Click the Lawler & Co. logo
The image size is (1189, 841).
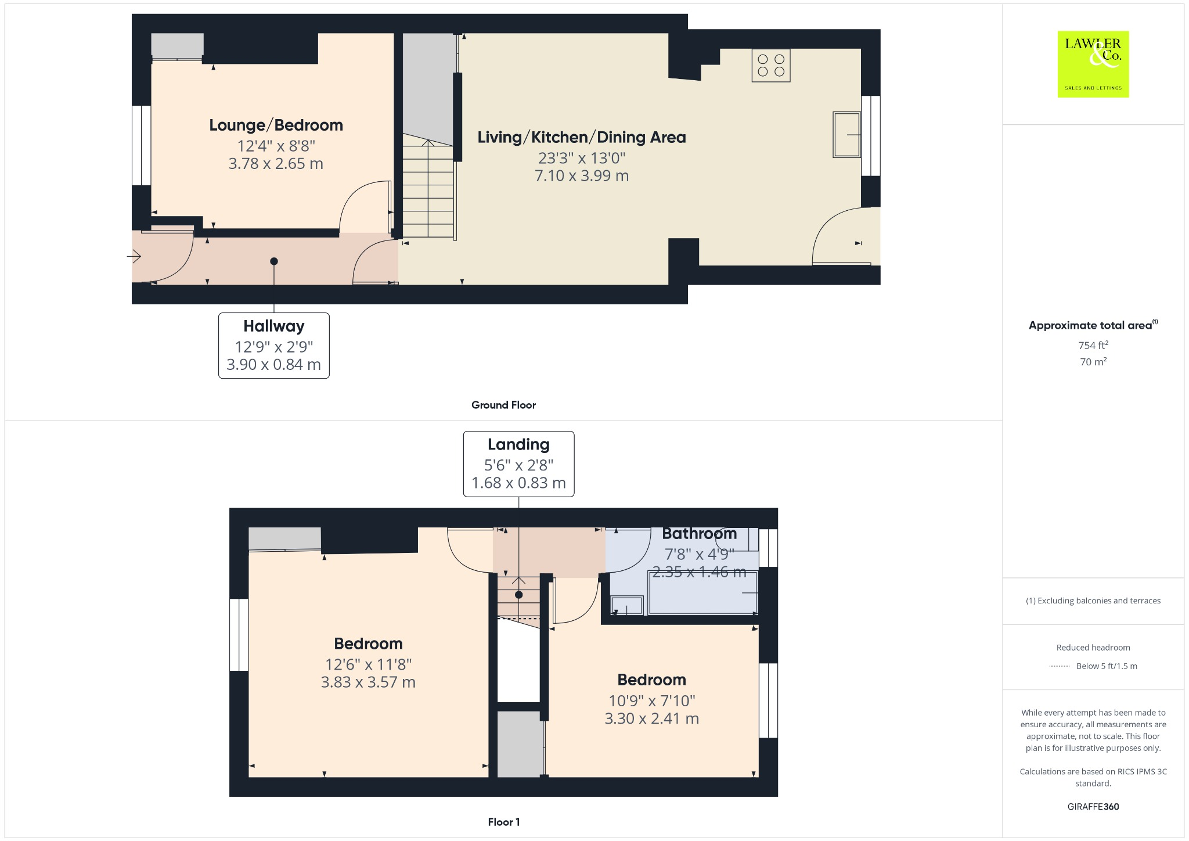pyautogui.click(x=1093, y=64)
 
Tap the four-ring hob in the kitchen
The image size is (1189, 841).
pyautogui.click(x=770, y=66)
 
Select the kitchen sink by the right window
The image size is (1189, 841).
pyautogui.click(x=846, y=135)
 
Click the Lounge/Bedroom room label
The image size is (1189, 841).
pyautogui.click(x=276, y=125)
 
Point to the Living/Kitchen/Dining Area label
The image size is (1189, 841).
pyautogui.click(x=581, y=138)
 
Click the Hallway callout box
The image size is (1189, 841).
pyautogui.click(x=273, y=346)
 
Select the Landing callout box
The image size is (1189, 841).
pyautogui.click(x=518, y=463)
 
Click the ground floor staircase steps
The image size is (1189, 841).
pyautogui.click(x=428, y=192)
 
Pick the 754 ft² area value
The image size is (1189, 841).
pyautogui.click(x=1093, y=345)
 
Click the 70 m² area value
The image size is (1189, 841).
pyautogui.click(x=1093, y=362)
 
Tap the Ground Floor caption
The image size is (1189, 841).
pyautogui.click(x=503, y=405)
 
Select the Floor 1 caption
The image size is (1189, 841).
pyautogui.click(x=503, y=822)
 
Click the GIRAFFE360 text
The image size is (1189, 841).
pyautogui.click(x=1093, y=806)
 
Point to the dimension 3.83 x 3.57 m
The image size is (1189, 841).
pyautogui.click(x=368, y=682)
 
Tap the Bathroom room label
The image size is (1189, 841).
pyautogui.click(x=699, y=533)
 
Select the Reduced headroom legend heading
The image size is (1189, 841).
pyautogui.click(x=1093, y=648)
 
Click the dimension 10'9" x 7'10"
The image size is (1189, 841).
pyautogui.click(x=651, y=700)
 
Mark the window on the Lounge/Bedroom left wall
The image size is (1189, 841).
pyautogui.click(x=141, y=145)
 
